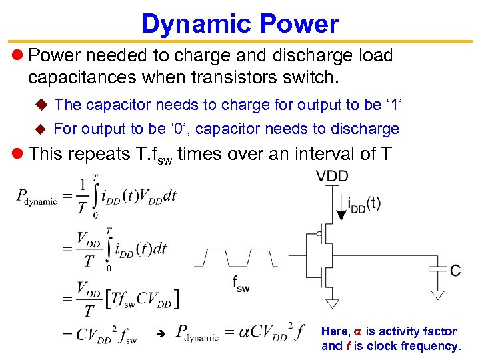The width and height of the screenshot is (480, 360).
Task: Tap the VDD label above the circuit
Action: point(332,176)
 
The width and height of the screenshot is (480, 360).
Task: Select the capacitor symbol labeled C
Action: point(437,270)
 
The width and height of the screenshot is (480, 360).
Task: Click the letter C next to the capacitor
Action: point(455,271)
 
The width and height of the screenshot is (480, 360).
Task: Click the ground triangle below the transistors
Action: point(331,303)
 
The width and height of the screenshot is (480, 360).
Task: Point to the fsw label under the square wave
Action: point(241,283)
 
